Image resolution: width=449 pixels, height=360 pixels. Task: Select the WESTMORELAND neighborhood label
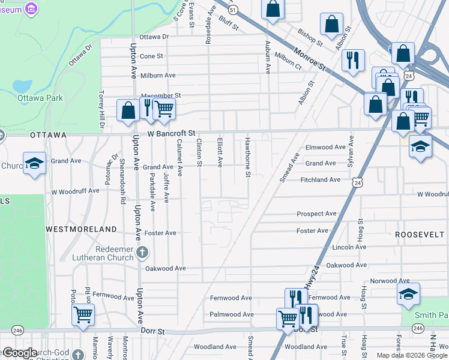click(x=82, y=229)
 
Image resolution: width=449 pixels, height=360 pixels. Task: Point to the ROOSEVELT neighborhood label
click(x=419, y=235)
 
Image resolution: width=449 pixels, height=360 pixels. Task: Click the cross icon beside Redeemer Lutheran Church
click(x=142, y=252)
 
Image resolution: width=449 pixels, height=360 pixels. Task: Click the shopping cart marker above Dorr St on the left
click(x=83, y=314)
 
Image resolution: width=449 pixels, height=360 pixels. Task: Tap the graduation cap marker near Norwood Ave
click(x=408, y=294)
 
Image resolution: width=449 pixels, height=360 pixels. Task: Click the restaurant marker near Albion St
click(x=352, y=59)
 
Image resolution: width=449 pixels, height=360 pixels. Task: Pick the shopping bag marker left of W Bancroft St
click(x=127, y=110)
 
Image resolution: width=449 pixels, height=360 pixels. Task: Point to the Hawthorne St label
click(x=247, y=157)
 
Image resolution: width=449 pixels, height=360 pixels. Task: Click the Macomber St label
click(x=160, y=95)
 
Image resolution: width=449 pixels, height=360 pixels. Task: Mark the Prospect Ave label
click(x=316, y=214)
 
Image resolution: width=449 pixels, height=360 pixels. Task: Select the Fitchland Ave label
click(x=321, y=179)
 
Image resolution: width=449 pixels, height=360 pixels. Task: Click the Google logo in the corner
click(x=20, y=353)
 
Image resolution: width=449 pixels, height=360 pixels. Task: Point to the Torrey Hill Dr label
click(x=101, y=110)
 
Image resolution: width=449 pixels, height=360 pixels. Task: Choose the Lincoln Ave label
click(x=348, y=247)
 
